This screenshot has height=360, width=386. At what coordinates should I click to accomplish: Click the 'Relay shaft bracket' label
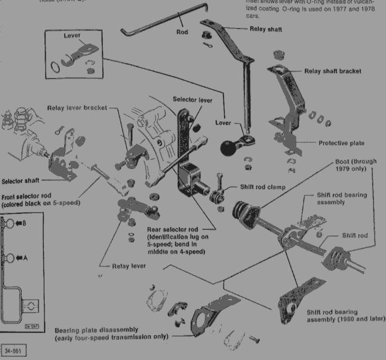333,71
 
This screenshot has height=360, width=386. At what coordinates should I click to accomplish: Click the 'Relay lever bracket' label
77,108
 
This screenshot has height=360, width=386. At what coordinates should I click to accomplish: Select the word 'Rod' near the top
182,32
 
